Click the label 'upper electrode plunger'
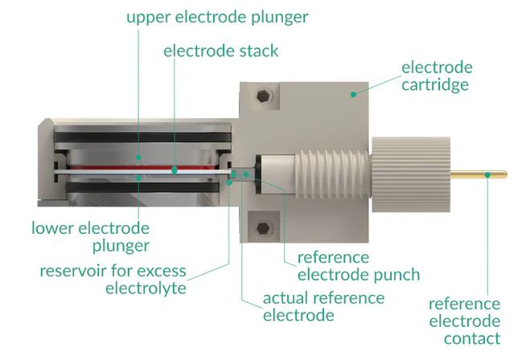(217, 17)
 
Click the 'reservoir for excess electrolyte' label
(113, 278)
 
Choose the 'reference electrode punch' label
(359, 266)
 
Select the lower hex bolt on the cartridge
(261, 228)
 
